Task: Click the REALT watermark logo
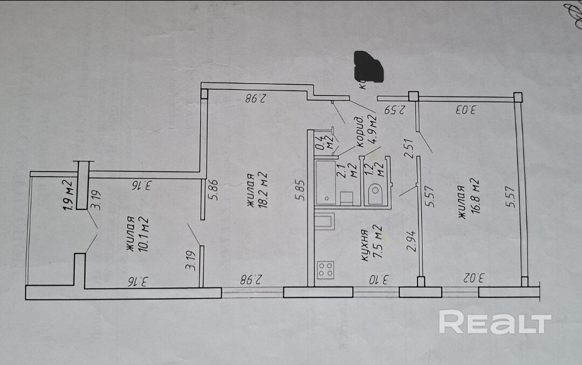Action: [495, 323]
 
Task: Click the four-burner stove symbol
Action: [325, 269]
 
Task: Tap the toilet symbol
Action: [375, 194]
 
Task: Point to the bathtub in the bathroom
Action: [325, 181]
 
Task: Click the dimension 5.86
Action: [215, 190]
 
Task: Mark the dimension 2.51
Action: [409, 148]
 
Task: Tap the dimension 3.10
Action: [379, 280]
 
